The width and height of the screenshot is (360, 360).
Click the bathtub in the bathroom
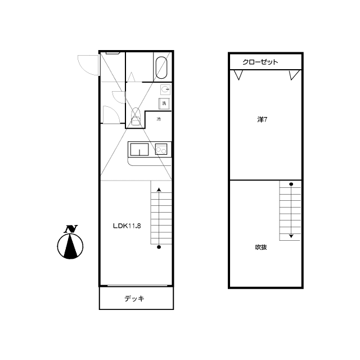click(161, 67)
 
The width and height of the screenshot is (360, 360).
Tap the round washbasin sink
click(165, 89)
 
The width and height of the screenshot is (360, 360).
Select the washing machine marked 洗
click(164, 103)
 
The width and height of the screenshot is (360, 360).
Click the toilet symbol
click(135, 116)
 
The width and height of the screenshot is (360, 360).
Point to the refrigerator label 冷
click(159, 119)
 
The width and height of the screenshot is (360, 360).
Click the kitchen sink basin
click(139, 150)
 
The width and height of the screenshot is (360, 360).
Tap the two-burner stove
click(161, 149)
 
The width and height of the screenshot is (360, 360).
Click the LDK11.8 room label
click(127, 226)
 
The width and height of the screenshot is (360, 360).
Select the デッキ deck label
click(134, 299)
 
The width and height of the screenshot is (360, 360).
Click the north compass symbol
click(70, 246)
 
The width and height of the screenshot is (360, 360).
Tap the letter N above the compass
click(71, 229)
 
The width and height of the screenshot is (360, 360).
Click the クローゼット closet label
click(260, 62)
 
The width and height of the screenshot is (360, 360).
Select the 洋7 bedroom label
click(262, 120)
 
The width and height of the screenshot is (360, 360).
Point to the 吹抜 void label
click(261, 247)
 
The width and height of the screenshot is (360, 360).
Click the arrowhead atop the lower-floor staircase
click(159, 190)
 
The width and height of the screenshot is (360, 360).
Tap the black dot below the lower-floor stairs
click(159, 247)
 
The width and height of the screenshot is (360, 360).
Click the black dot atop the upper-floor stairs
click(291, 184)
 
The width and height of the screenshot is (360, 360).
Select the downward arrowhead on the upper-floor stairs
click(291, 236)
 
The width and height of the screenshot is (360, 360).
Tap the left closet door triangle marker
click(238, 75)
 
